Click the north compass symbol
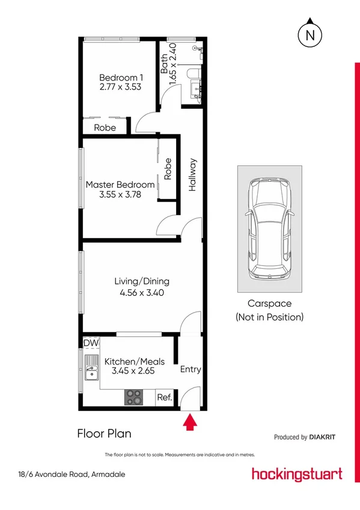pos(310,34)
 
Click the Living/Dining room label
pos(142,281)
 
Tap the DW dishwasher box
pos(91,343)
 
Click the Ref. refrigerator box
pos(164,398)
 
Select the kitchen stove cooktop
pos(134,397)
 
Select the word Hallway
pos(193,174)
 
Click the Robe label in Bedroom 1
pos(105,127)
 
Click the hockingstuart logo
pos(297,473)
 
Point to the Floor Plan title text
pos(104,433)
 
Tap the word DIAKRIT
pos(327,437)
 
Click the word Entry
pos(191,370)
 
